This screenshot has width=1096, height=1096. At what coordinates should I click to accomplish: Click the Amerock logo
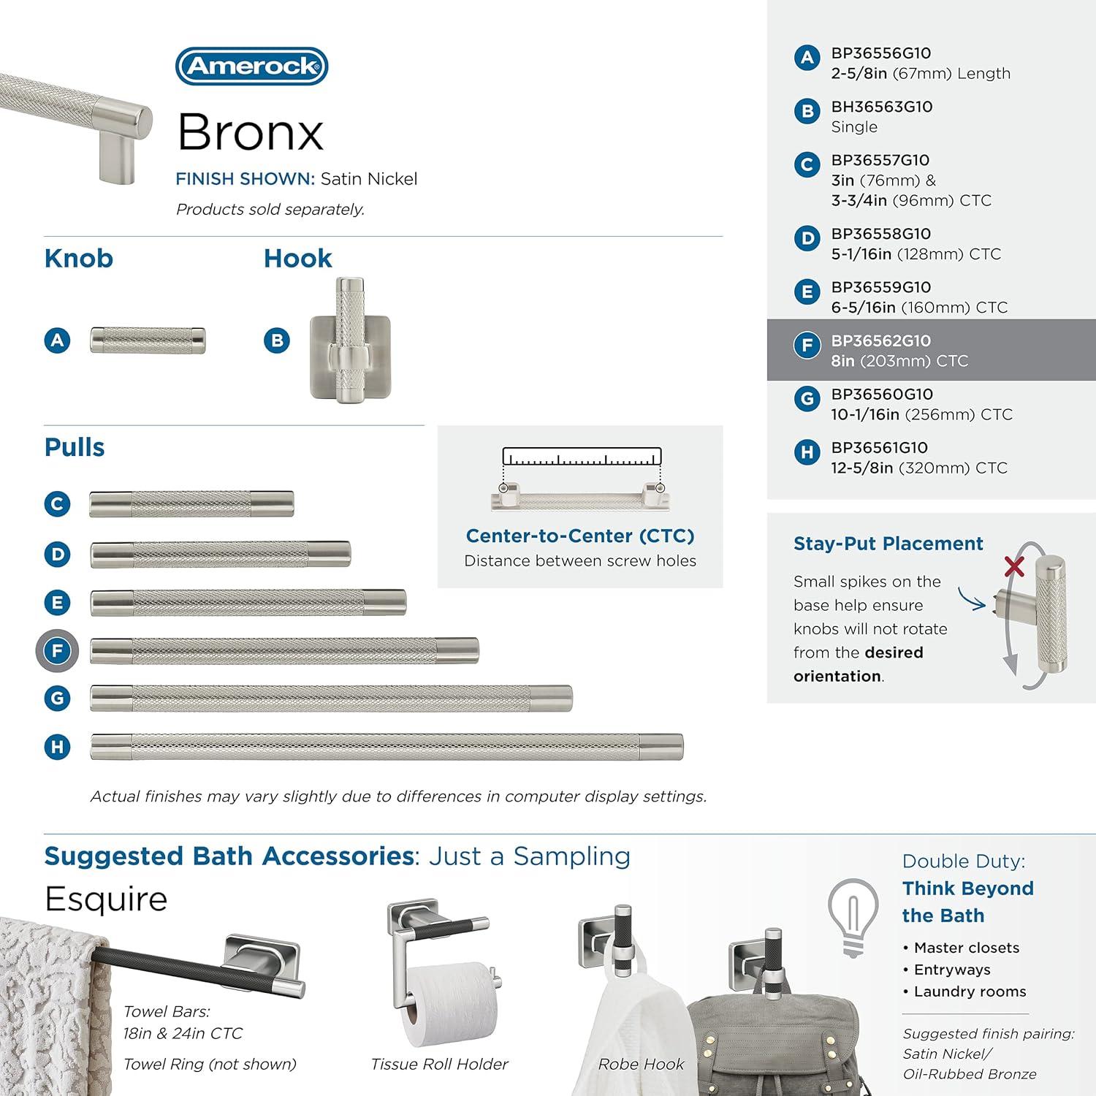(x=251, y=66)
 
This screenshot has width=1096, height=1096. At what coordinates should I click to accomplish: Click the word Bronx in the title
(x=250, y=132)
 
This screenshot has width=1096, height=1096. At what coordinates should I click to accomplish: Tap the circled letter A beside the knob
(x=58, y=340)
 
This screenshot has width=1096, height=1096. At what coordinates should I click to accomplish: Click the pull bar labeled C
(x=191, y=504)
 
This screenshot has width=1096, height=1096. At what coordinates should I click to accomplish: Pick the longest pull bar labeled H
(x=387, y=747)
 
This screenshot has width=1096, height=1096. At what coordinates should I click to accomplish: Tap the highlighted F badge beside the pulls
(x=57, y=650)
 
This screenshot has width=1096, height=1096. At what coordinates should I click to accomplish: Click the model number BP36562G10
(x=880, y=341)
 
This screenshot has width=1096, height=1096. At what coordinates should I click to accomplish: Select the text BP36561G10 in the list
(x=879, y=448)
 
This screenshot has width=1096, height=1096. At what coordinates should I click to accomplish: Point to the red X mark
(x=1014, y=566)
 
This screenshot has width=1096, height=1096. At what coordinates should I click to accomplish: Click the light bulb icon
(x=853, y=916)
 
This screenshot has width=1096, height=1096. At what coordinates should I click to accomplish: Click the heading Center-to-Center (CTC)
(x=580, y=536)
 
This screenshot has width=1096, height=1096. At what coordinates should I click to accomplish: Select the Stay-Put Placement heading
(x=888, y=544)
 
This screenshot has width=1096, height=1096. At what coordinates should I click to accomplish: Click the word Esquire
(x=106, y=899)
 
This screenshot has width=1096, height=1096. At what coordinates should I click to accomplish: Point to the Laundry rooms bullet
(x=969, y=992)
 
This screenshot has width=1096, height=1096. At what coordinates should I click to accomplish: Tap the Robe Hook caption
(x=641, y=1065)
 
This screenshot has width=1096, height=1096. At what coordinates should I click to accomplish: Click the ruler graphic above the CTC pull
(x=582, y=457)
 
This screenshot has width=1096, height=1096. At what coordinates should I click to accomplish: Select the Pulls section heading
(x=75, y=447)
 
